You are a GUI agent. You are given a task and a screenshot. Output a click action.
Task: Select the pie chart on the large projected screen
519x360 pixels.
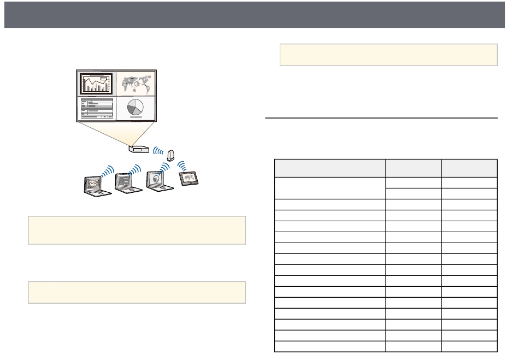[135, 107]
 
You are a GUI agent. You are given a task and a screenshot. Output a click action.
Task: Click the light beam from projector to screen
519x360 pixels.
[116, 133]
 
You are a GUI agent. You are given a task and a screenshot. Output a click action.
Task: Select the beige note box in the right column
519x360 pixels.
[388, 55]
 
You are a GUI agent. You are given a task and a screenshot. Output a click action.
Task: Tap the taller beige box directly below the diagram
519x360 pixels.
[137, 230]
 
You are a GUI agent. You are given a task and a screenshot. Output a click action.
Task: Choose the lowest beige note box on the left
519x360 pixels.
[137, 292]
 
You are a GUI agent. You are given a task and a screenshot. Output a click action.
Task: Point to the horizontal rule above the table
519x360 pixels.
[381, 118]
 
